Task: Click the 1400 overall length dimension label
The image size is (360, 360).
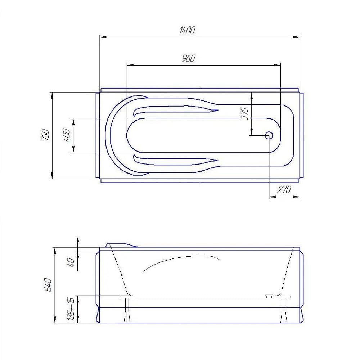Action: pos(187,30)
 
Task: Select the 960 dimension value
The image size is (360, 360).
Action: pos(189,58)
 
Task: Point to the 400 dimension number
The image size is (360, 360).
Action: pos(66,135)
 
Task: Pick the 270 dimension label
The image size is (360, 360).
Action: pos(284,190)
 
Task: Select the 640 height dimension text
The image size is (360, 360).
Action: pos(48,285)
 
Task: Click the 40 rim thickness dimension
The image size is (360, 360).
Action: pos(71,262)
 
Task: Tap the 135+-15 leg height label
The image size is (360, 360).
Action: pos(70,309)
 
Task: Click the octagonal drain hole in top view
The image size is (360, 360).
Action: pos(269,135)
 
